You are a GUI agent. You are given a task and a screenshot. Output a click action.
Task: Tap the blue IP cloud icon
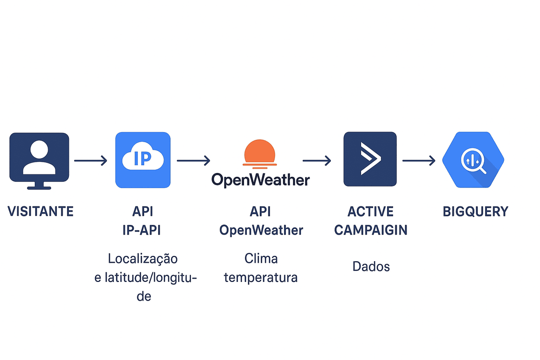[x=143, y=160]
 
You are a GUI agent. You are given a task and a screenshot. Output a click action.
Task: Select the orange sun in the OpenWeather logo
[x=259, y=151]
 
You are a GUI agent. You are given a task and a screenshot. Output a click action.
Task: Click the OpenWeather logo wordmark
[x=260, y=180]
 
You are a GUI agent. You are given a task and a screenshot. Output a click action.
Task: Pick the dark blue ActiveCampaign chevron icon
[x=370, y=159]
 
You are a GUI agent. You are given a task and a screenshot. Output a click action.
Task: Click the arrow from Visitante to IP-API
[x=91, y=160]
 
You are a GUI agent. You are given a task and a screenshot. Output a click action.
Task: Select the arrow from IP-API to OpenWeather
[x=193, y=160]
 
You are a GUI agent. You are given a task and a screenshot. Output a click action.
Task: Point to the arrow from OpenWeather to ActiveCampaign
[x=317, y=160]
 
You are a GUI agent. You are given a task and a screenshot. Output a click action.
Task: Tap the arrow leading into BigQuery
[x=418, y=160]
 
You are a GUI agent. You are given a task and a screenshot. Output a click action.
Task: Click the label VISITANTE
[x=40, y=211]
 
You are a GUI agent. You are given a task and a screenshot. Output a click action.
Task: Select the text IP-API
[x=142, y=230]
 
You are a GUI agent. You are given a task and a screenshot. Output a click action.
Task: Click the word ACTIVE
[x=371, y=211]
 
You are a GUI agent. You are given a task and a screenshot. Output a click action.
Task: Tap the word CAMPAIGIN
[x=371, y=230]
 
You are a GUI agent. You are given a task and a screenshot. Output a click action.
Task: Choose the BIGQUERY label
[x=475, y=211]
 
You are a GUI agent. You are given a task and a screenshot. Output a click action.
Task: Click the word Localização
[x=143, y=259]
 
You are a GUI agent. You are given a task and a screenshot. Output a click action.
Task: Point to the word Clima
[x=261, y=259]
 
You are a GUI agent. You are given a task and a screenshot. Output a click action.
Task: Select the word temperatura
[x=261, y=278]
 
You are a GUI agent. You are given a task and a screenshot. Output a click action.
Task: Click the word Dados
[x=371, y=266]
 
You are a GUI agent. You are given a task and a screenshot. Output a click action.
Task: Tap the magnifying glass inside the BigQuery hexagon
[x=474, y=160]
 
